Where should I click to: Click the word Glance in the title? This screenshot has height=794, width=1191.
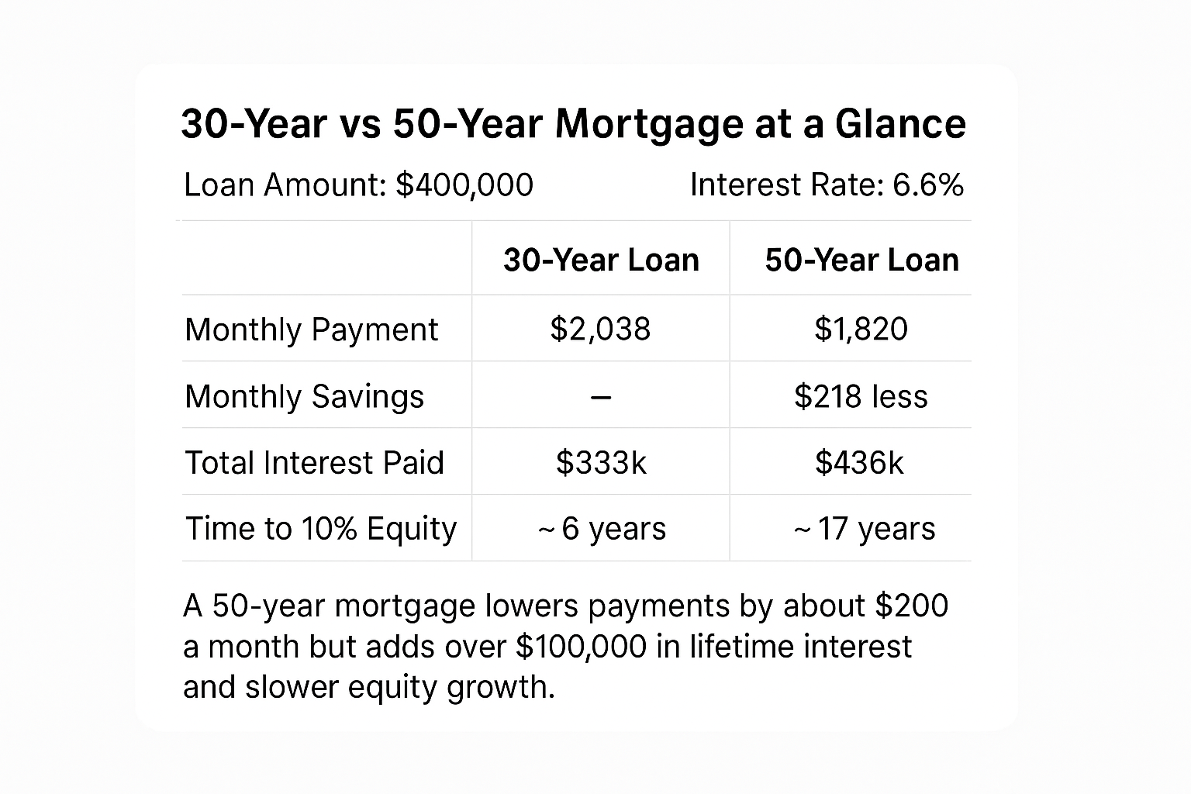[900, 124]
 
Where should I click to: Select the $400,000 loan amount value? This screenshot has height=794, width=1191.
[464, 185]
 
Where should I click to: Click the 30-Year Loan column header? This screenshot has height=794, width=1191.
[601, 260]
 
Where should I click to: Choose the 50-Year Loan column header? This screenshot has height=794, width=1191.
[861, 260]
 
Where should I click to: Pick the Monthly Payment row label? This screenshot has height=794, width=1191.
[312, 330]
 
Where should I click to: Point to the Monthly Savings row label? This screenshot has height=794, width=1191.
[305, 396]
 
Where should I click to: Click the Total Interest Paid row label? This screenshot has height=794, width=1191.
[314, 463]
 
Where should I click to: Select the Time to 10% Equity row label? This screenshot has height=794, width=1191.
[321, 529]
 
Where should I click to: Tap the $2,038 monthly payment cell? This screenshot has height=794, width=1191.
[601, 329]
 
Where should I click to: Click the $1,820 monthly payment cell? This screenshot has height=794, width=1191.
[861, 329]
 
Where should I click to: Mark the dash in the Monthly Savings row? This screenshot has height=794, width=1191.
[601, 397]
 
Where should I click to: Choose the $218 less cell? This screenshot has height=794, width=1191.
[861, 396]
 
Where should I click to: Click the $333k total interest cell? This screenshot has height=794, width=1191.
[601, 463]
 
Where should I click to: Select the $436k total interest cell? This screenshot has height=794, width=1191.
[859, 463]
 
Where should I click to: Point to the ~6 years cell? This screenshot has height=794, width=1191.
[602, 529]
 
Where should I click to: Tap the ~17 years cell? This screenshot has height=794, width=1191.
[864, 529]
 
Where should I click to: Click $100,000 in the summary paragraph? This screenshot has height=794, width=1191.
[581, 647]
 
